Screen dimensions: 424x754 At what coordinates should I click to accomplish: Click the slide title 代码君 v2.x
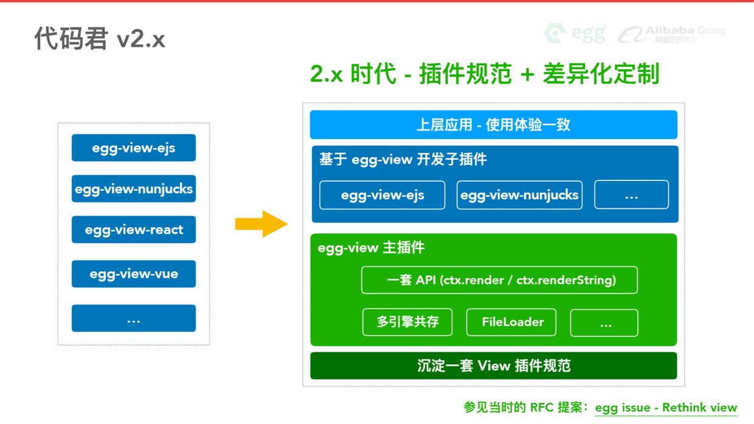(99, 39)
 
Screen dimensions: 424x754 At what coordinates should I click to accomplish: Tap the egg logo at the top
(575, 33)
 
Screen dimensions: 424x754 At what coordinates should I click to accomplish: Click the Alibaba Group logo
(672, 34)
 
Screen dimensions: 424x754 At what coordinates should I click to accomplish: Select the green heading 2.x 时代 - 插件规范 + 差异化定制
(485, 74)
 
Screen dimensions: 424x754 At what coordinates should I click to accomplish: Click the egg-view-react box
(134, 230)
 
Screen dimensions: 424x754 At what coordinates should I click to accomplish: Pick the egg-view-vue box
(134, 274)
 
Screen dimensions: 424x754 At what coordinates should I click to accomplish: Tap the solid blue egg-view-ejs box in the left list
(134, 148)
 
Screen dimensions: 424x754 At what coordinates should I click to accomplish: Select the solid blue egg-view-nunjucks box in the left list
(134, 189)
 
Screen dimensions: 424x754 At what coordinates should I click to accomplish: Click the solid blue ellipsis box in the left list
(134, 318)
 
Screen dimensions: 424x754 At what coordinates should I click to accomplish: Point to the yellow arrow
(261, 224)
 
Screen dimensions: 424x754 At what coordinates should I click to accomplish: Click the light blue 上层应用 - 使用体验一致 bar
(493, 125)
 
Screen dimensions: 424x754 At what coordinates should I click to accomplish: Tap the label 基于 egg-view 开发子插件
(403, 160)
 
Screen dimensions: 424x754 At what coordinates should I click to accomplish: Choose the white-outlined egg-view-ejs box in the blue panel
(382, 195)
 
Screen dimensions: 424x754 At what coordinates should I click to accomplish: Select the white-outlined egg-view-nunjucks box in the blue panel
(519, 195)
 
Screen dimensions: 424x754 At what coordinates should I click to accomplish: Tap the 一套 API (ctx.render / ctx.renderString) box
(499, 280)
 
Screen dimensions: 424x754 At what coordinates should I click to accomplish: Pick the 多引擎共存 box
(407, 322)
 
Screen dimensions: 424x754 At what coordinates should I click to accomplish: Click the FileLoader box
(511, 322)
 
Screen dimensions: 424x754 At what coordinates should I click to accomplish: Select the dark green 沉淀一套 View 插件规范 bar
(493, 366)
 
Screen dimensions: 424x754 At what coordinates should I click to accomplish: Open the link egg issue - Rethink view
(666, 408)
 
